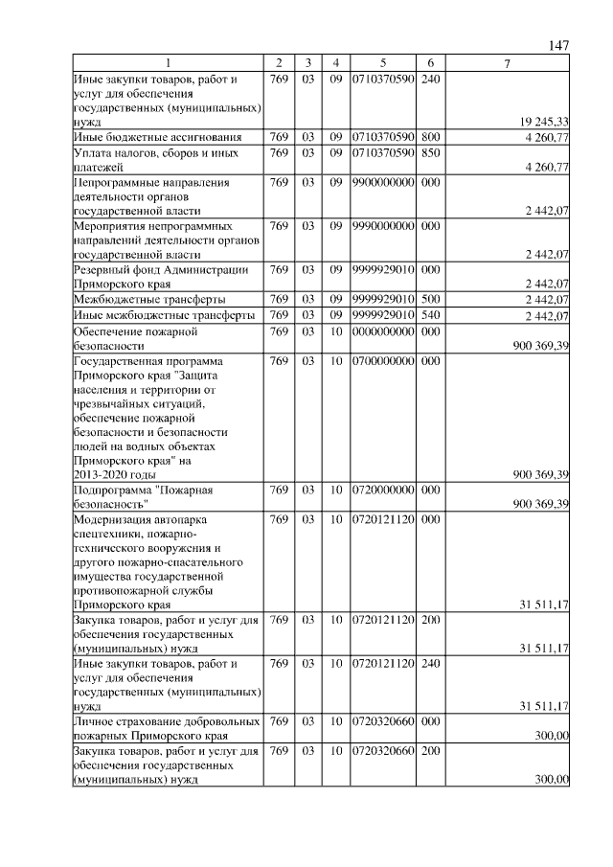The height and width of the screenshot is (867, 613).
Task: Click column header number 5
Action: [382, 63]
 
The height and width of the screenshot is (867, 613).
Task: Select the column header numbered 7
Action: [508, 63]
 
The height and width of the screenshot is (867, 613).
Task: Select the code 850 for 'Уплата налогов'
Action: [430, 152]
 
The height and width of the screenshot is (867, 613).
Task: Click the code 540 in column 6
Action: [430, 315]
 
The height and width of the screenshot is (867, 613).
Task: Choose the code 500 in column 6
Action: [430, 300]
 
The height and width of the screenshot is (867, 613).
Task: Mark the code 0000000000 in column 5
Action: [382, 331]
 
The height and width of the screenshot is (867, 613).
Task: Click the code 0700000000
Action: [382, 361]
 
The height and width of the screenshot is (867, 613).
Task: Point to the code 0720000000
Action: [382, 490]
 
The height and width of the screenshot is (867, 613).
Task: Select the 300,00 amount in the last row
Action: [552, 780]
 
